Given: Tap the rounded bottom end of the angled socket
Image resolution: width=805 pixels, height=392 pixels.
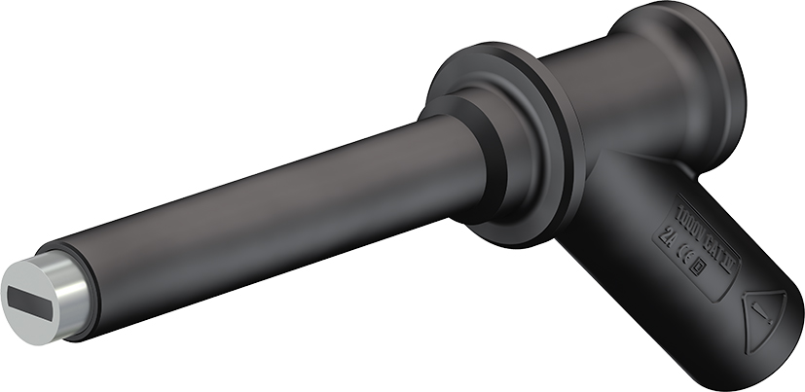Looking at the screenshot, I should pyautogui.click(x=769, y=350).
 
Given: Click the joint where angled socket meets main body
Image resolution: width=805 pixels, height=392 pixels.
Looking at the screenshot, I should pyautogui.click(x=623, y=185).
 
